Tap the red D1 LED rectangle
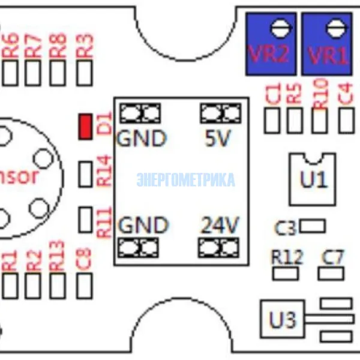(86, 126)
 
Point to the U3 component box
(283, 320)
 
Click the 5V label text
(217, 139)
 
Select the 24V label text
(219, 226)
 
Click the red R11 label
(104, 221)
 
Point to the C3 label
(286, 229)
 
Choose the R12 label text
(287, 257)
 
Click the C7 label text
(333, 257)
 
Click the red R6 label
(11, 46)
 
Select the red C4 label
(346, 94)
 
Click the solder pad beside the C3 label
(312, 226)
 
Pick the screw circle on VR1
(335, 26)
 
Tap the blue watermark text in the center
(185, 180)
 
